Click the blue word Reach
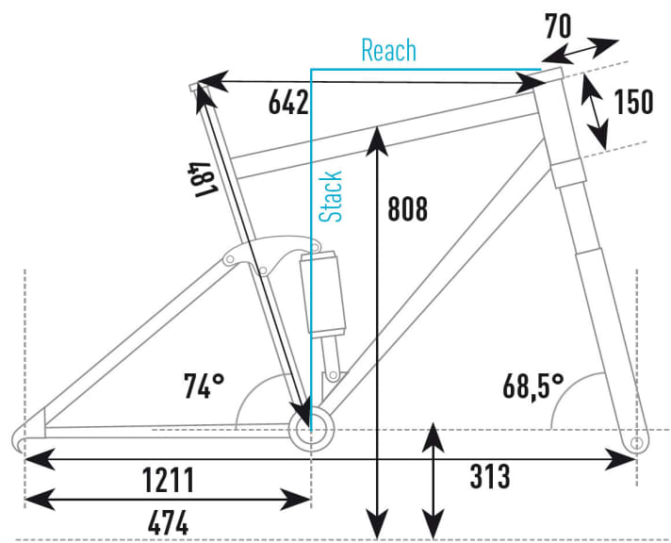(x=388, y=50)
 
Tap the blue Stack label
(x=331, y=196)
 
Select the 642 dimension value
(x=287, y=104)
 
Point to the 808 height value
(x=407, y=208)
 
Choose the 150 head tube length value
(x=632, y=101)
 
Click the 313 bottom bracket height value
(x=489, y=477)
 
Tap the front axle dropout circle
(x=637, y=441)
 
